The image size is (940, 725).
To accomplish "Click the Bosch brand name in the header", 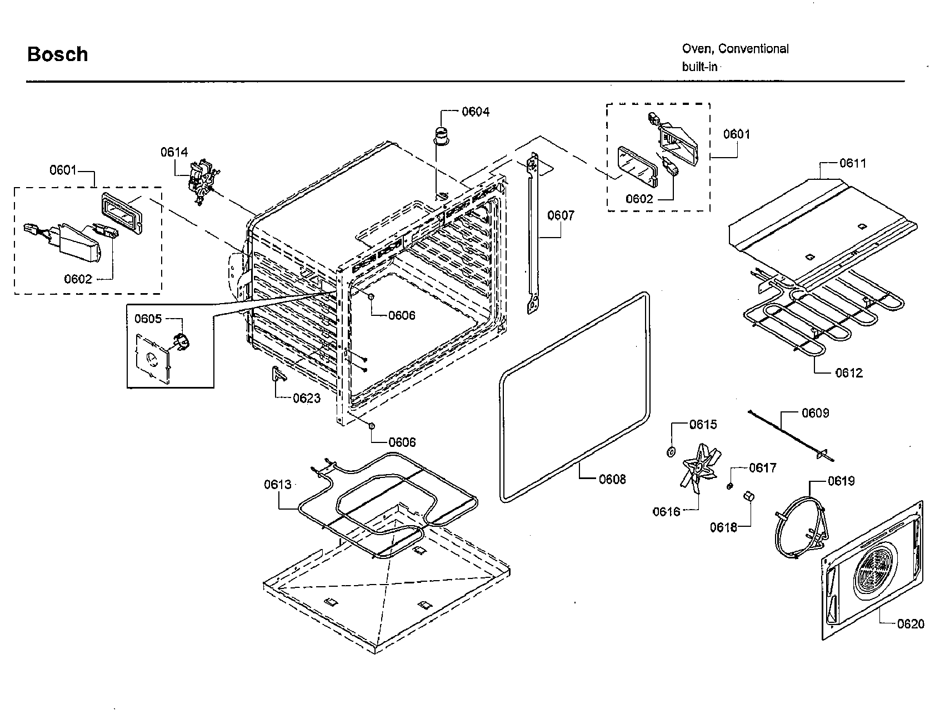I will point(57,54).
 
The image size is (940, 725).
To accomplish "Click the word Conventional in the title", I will point(753,49).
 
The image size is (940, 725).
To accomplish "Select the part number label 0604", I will point(476,112).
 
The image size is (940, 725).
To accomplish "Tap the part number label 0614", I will point(174,152).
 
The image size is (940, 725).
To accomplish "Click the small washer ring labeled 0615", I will point(671,451).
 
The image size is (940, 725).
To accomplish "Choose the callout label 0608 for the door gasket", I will point(612,479).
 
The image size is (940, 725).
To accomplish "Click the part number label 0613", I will point(277,485).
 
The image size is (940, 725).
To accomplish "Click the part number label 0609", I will point(815,413).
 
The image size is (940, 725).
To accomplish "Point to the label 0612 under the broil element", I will point(849,373).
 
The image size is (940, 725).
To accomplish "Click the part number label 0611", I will point(852,163).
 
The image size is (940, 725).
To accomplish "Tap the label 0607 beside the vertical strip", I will point(561,215).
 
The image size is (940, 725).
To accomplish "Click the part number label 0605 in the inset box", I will point(148,319).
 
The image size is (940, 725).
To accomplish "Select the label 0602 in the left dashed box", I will point(78,279).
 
